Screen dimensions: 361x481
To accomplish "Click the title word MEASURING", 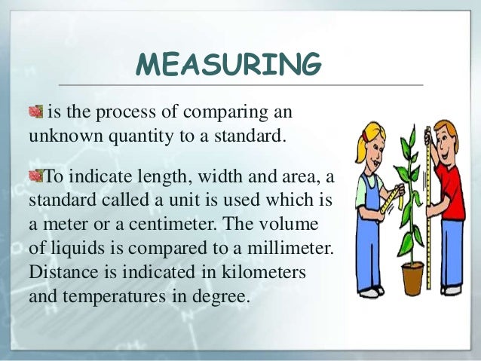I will click(x=228, y=66).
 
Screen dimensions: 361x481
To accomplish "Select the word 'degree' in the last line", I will click(x=221, y=297).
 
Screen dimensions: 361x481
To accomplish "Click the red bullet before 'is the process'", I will click(x=35, y=113).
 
